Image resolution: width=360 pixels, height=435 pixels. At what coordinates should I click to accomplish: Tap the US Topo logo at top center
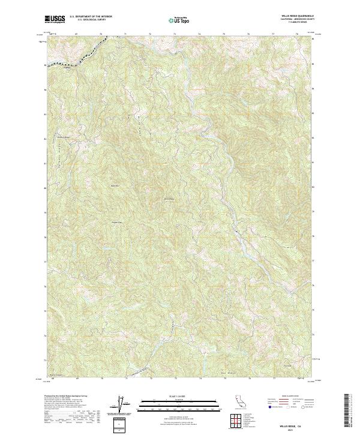[x=180, y=20]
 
